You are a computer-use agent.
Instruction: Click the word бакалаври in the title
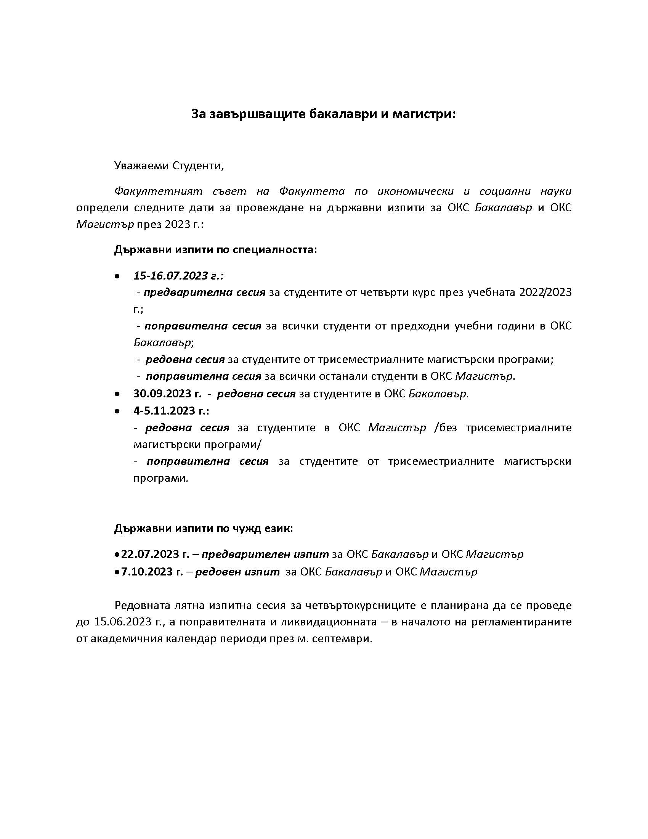(x=343, y=114)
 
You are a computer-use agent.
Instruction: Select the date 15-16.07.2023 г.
(x=178, y=275)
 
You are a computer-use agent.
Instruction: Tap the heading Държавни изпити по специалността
(x=215, y=250)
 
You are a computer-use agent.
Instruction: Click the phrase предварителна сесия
(x=205, y=293)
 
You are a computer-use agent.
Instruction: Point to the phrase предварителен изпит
(x=265, y=554)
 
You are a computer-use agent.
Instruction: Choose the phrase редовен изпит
(x=237, y=572)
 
